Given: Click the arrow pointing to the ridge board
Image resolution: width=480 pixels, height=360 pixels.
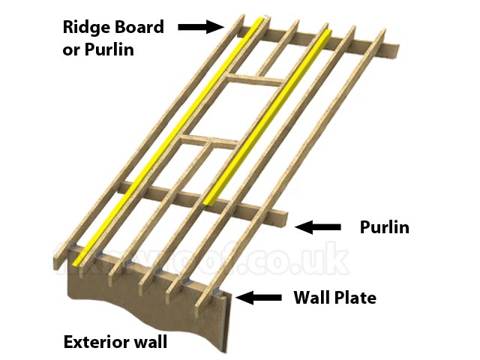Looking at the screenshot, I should pyautogui.click(x=201, y=27).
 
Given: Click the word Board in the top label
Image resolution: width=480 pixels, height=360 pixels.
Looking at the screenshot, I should pyautogui.click(x=139, y=28).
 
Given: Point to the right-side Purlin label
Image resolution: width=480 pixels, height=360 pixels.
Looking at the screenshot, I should pyautogui.click(x=384, y=226).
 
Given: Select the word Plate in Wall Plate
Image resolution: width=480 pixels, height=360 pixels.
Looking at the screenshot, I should pyautogui.click(x=355, y=298).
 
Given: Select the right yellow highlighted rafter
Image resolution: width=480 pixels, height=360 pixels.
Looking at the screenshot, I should pyautogui.click(x=270, y=112).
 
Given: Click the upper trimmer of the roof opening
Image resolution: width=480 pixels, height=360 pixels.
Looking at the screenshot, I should pyautogui.click(x=256, y=78).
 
